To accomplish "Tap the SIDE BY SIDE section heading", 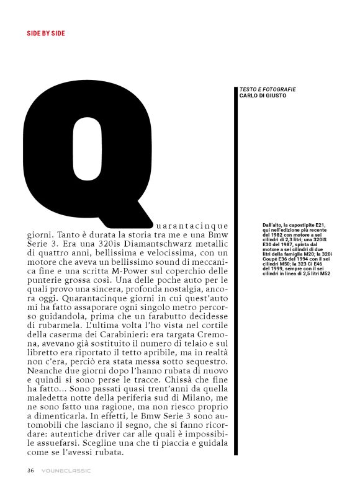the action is (45, 33).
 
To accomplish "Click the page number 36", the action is (30, 470).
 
